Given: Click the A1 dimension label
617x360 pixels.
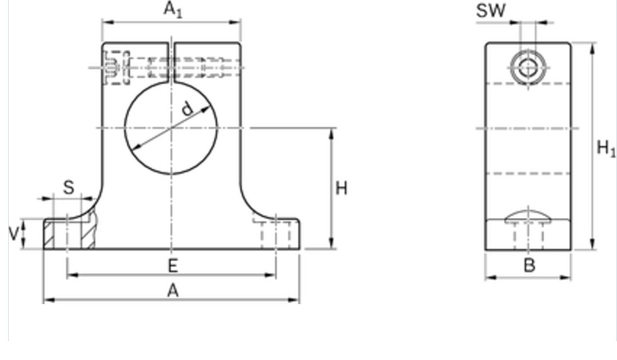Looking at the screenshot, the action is tap(173, 9).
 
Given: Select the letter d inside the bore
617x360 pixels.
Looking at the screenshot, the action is tap(187, 109).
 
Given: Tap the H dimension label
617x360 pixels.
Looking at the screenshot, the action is tap(342, 188).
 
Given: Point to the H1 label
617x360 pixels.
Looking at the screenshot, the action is tap(606, 148).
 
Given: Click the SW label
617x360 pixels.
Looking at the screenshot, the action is tap(491, 11).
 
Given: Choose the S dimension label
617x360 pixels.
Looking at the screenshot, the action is tap(68, 188).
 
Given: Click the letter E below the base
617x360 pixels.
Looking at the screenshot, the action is tap(173, 266).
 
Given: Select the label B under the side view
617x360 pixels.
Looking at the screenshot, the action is tap(530, 266).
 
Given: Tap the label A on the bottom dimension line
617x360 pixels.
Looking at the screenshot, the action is tap(173, 291).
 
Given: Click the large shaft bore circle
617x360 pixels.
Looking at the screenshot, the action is tap(171, 128).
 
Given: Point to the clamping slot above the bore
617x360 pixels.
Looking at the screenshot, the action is tap(171, 62).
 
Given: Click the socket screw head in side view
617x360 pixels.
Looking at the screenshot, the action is tap(528, 68).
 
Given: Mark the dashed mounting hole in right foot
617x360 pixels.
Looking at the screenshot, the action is tap(276, 234).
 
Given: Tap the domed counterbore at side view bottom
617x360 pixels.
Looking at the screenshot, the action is tap(528, 215).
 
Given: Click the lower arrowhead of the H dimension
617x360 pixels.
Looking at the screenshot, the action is tap(332, 243).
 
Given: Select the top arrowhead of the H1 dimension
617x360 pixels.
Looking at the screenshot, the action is tap(592, 48).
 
